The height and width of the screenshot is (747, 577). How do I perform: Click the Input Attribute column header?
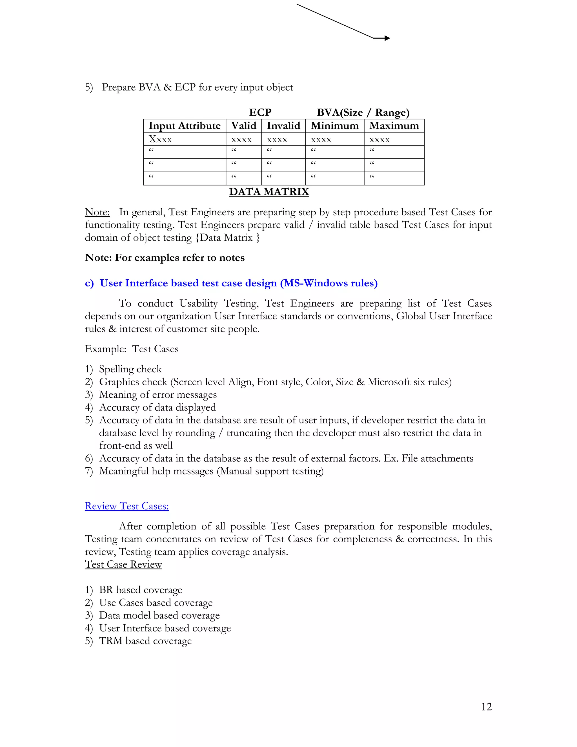[184, 125]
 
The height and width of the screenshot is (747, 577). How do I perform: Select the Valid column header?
[243, 125]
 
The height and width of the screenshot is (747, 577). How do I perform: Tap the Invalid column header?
[283, 125]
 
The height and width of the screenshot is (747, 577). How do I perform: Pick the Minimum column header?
[334, 125]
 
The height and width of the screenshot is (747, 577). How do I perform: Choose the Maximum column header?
[394, 125]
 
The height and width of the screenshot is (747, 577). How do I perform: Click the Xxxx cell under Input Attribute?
[160, 139]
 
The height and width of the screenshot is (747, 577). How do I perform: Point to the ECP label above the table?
[260, 112]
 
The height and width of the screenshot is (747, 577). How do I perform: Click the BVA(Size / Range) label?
[363, 112]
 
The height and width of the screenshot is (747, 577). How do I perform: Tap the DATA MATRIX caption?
[269, 191]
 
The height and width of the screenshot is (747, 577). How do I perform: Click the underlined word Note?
[97, 212]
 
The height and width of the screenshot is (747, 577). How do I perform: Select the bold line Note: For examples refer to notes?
[165, 258]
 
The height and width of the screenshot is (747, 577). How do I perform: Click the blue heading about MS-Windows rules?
[231, 283]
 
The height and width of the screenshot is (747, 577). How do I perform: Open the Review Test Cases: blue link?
[127, 506]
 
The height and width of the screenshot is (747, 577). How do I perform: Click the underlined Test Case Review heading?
[123, 564]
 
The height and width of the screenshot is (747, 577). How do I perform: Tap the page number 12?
[486, 707]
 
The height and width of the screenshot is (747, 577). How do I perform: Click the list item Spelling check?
[130, 369]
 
